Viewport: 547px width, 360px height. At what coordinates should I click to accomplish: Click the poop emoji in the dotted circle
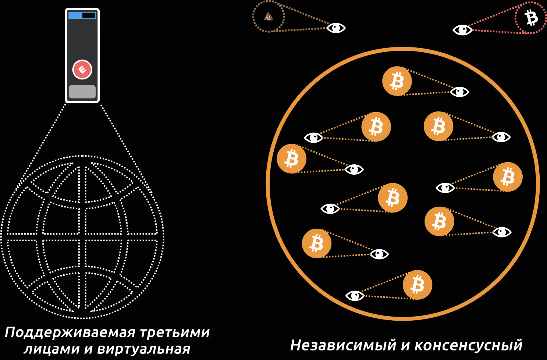point(269,17)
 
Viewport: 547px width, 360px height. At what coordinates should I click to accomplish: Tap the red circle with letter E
point(82,69)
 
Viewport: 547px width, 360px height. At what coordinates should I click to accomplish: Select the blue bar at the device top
point(75,15)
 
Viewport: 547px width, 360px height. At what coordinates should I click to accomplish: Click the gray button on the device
point(82,92)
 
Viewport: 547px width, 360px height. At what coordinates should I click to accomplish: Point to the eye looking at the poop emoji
point(336,28)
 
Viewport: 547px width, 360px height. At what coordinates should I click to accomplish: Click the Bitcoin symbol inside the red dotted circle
point(531,18)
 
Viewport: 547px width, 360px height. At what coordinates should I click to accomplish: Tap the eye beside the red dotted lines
point(462,30)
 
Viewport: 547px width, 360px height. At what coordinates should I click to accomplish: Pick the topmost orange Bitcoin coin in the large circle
point(397,81)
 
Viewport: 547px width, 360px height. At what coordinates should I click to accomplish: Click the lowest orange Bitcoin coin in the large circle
point(418,285)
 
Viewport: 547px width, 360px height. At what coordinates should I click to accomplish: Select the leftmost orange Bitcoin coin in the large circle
point(292,158)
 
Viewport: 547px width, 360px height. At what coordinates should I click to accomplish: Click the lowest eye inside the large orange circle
point(355,296)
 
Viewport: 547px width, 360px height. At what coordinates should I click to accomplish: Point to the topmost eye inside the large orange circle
point(459,92)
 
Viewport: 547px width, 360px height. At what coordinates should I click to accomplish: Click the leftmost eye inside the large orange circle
point(313,138)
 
